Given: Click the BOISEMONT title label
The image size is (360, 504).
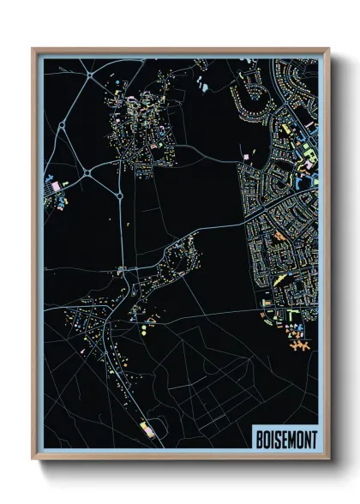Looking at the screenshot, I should pyautogui.click(x=285, y=439).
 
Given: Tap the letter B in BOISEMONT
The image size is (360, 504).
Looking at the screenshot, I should pyautogui.click(x=260, y=439).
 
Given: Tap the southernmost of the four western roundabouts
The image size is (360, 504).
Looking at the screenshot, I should pyautogui.click(x=121, y=196).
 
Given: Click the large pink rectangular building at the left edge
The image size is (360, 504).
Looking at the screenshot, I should pyautogui.click(x=55, y=184).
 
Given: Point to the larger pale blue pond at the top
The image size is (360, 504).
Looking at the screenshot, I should pyautogui.click(x=203, y=85).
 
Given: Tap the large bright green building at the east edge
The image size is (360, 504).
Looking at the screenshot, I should pyautogui.click(x=305, y=153).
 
